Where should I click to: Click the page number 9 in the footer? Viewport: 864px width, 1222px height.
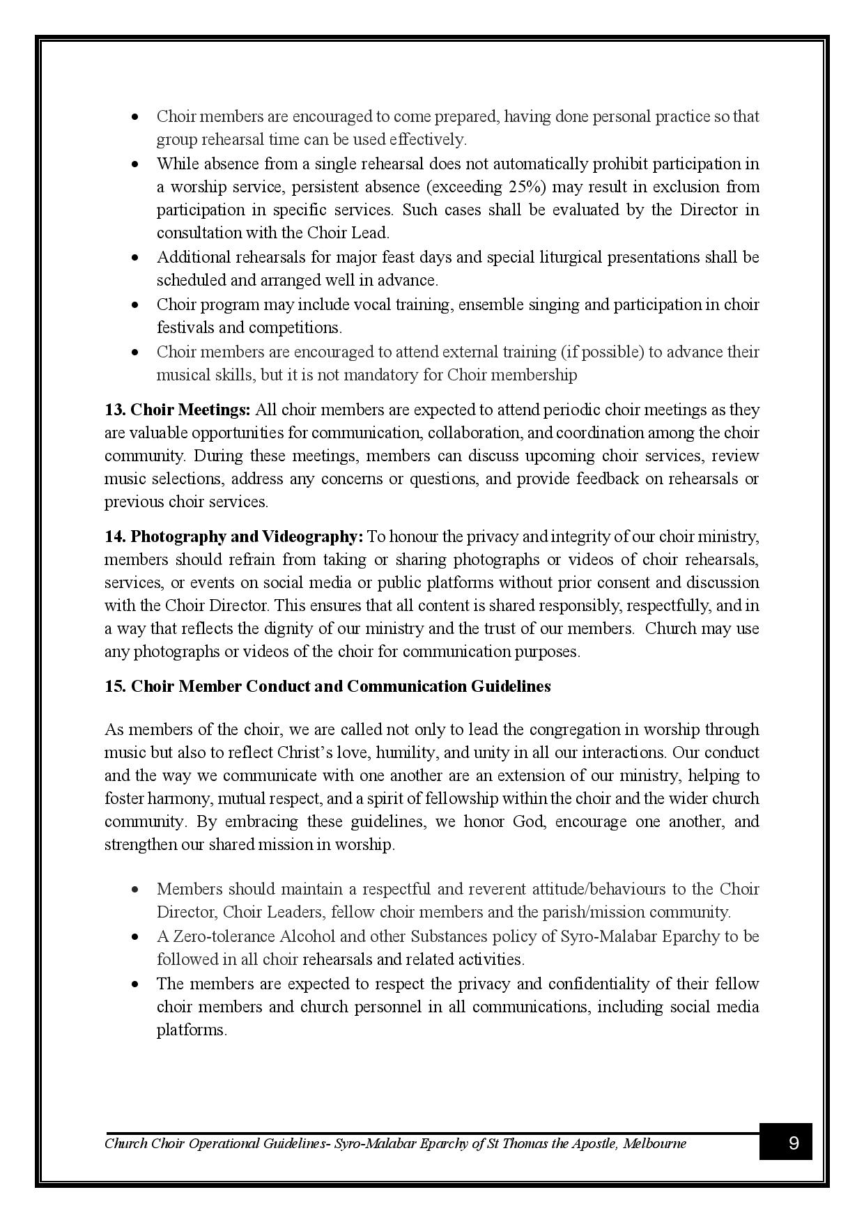click(x=793, y=1143)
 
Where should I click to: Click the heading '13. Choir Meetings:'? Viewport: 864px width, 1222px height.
click(x=178, y=410)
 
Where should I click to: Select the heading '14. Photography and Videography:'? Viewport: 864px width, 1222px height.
click(x=234, y=536)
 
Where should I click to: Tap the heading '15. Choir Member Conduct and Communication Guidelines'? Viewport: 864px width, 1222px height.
click(x=327, y=686)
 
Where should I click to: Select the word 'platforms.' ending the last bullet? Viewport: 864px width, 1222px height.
click(x=192, y=1030)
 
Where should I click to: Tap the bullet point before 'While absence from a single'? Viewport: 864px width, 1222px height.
click(x=136, y=164)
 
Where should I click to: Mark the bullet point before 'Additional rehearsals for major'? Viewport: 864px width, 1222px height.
click(x=136, y=258)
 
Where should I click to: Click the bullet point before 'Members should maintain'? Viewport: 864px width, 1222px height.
click(x=136, y=890)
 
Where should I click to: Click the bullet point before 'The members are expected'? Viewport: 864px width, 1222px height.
click(x=136, y=984)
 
